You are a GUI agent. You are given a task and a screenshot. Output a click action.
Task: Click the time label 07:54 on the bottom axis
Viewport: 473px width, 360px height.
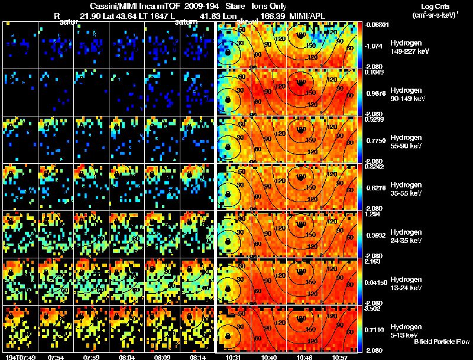[x=56, y=357]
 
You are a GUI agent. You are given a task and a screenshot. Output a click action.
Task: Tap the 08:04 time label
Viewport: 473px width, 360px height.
[x=127, y=357]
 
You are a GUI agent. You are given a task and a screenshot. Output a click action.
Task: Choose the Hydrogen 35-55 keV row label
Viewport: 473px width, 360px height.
[x=406, y=189]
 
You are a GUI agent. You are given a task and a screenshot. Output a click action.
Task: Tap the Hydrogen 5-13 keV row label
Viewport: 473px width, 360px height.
[x=406, y=330]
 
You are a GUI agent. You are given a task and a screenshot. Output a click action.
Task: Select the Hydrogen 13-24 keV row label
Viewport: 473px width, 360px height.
[x=406, y=284]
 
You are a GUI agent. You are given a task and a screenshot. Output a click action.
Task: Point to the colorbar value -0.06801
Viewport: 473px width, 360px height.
[x=375, y=25]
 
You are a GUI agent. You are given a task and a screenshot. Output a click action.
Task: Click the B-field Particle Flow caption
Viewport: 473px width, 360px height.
[x=441, y=342]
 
